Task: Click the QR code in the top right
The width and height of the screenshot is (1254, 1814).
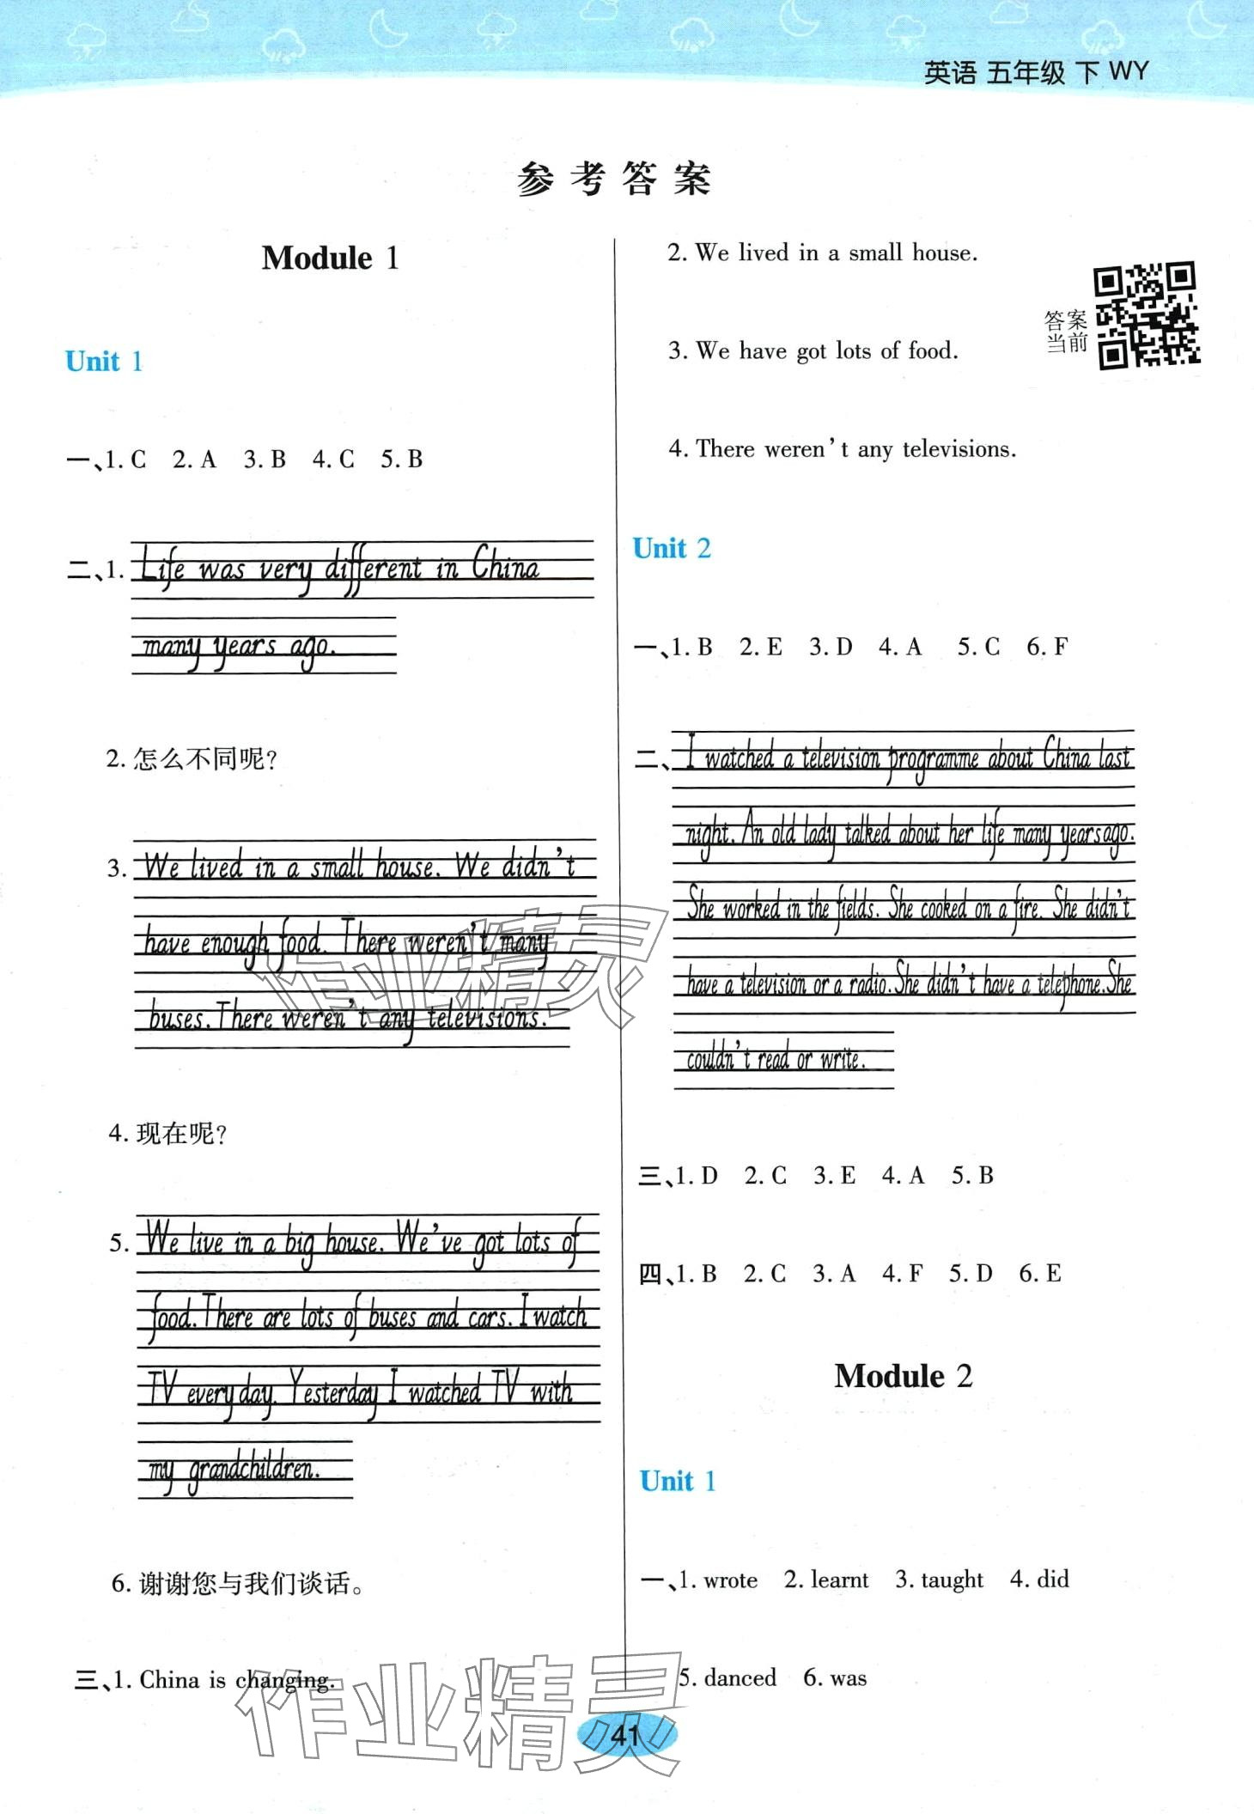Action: pyautogui.click(x=1146, y=315)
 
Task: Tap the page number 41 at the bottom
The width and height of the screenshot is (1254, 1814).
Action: pyautogui.click(x=626, y=1735)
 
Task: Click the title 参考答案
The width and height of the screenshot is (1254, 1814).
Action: pyautogui.click(x=614, y=180)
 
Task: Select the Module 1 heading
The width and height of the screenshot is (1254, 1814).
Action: pyautogui.click(x=330, y=258)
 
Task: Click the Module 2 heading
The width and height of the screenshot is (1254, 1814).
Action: pyautogui.click(x=903, y=1375)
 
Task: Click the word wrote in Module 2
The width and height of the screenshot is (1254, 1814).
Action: pyautogui.click(x=730, y=1580)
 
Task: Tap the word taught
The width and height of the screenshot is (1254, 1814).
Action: pyautogui.click(x=951, y=1580)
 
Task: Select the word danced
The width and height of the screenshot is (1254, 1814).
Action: pyautogui.click(x=740, y=1677)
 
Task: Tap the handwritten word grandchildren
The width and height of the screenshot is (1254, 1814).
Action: pyautogui.click(x=253, y=1470)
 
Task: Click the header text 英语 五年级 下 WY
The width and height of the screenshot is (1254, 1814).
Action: pyautogui.click(x=1035, y=72)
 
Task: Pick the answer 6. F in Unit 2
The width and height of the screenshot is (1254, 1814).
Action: pyautogui.click(x=1047, y=647)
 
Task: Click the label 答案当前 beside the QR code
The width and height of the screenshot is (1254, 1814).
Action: pyautogui.click(x=1066, y=332)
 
